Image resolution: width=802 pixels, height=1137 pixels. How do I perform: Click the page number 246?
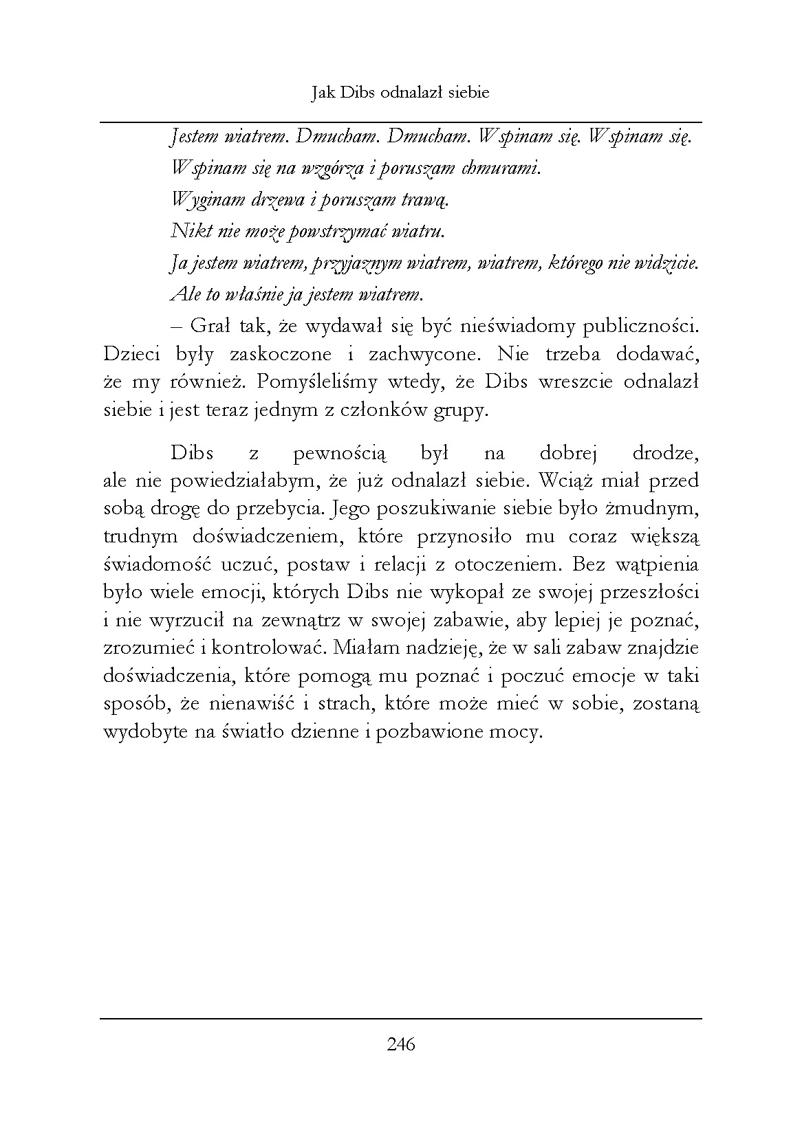(401, 1045)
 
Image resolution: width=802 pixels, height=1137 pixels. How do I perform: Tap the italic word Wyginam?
(199, 200)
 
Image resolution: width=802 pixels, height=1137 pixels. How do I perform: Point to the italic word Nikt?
(184, 231)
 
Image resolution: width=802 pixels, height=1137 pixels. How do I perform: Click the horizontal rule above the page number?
(401, 1018)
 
